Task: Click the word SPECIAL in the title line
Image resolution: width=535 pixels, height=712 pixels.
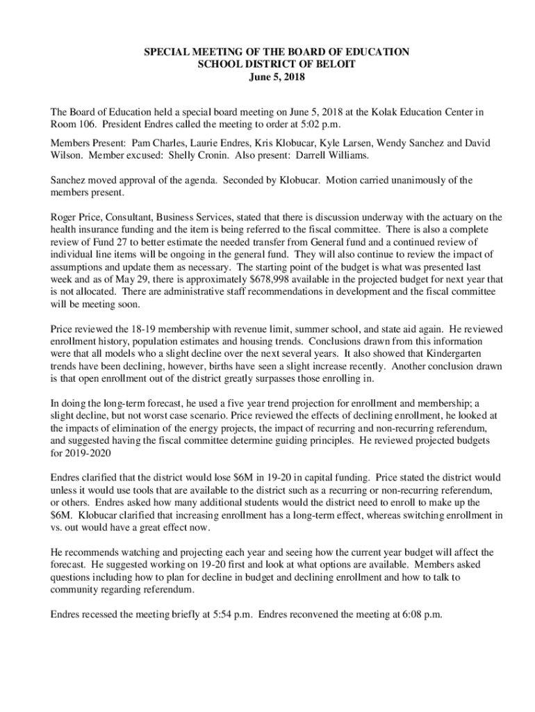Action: [x=167, y=51]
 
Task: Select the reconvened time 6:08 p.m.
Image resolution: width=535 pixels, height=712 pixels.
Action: [x=418, y=615]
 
